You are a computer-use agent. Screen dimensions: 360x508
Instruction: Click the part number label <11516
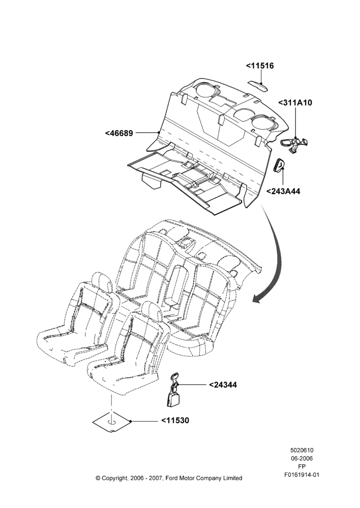click(259, 66)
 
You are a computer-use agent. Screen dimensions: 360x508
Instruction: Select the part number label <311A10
click(295, 103)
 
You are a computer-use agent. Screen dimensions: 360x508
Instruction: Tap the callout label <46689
click(119, 133)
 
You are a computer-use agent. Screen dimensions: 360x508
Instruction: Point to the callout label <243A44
click(283, 191)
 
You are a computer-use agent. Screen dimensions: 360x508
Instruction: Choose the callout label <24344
click(223, 385)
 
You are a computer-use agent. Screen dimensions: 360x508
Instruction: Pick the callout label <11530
click(175, 421)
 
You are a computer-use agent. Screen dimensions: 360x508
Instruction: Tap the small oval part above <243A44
click(280, 165)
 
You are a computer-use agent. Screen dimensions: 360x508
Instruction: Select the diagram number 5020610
click(302, 450)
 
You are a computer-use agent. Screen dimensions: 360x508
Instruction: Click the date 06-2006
click(302, 458)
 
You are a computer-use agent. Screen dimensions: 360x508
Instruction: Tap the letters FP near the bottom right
click(302, 466)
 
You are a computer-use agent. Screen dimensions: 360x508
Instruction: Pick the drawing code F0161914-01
click(302, 475)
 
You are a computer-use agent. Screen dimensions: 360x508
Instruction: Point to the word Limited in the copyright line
click(232, 478)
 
